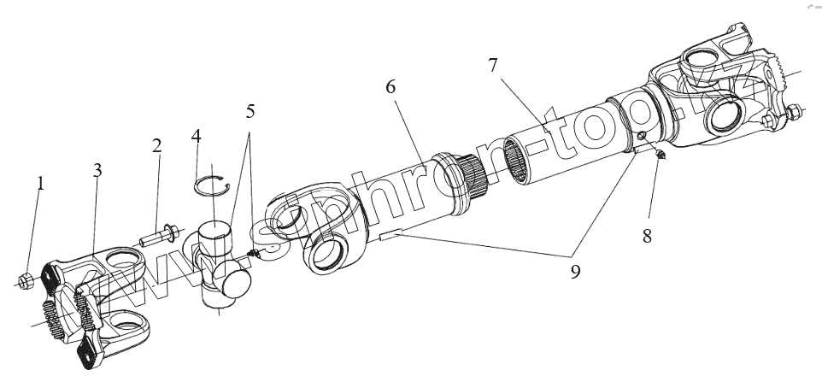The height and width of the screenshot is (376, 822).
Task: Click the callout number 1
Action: [39, 183]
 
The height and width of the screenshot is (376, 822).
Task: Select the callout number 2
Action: [156, 145]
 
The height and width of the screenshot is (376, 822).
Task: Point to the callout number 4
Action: [197, 137]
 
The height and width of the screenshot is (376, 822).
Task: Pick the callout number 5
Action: [250, 112]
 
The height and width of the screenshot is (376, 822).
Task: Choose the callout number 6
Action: [391, 87]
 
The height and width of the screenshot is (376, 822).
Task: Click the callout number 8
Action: [647, 234]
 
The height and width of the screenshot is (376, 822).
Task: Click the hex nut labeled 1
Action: [26, 279]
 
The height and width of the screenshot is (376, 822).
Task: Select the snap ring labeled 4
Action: [214, 184]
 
